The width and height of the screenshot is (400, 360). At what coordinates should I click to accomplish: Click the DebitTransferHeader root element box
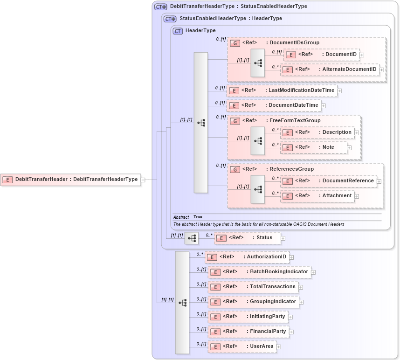pos(70,180)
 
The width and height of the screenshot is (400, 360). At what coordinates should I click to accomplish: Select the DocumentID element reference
pos(322,55)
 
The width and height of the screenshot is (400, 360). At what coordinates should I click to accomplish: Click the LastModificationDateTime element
pos(282,90)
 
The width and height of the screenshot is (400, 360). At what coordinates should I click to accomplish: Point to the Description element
pos(317,132)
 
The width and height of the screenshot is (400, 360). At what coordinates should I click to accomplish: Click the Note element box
pos(314,147)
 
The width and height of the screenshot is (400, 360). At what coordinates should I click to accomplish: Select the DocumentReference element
pos(328,181)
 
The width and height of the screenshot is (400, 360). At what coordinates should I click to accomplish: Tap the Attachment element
pos(317,196)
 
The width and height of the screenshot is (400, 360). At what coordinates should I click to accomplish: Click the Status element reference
pos(247,238)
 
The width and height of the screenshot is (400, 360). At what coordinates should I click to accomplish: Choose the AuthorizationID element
pos(247,257)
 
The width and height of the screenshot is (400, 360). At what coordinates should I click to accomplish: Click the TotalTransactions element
pos(253,287)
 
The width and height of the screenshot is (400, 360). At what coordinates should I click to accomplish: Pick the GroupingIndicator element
pos(253,302)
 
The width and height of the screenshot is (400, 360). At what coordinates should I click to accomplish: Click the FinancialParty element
pos(248,332)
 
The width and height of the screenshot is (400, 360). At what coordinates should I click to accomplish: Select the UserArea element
pos(242,346)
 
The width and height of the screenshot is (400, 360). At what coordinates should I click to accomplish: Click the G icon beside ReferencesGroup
pos(236,169)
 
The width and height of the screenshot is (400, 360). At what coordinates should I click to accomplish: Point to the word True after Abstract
pos(198,217)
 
